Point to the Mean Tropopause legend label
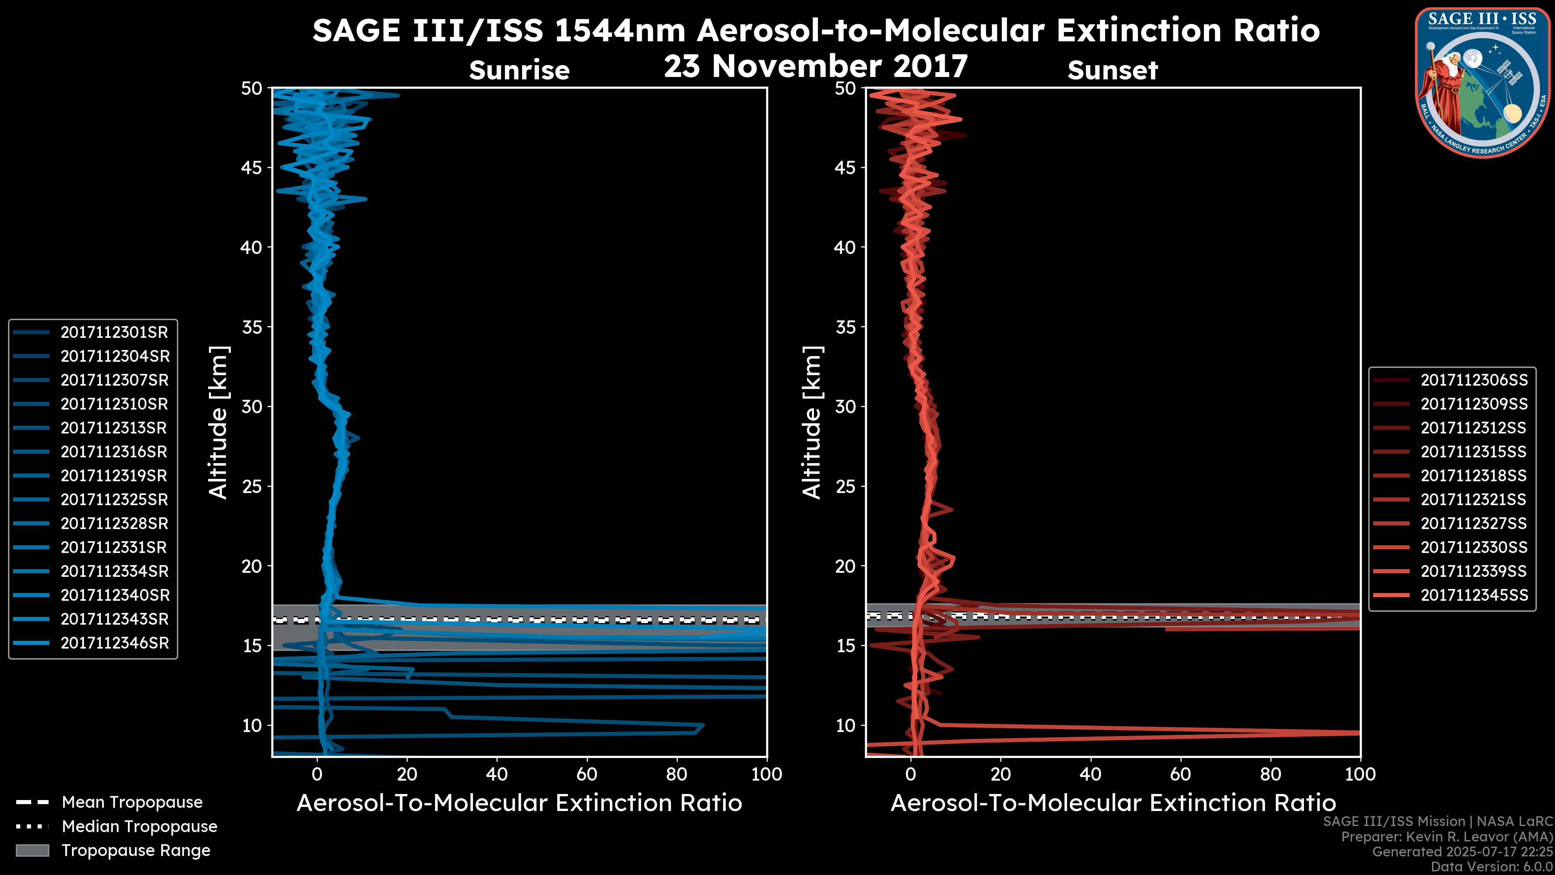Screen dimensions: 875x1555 tap(132, 802)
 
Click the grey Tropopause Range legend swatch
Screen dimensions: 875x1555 tap(32, 850)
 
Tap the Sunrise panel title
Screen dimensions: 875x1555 tap(519, 70)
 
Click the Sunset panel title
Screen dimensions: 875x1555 tap(1112, 70)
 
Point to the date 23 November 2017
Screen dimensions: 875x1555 tap(816, 66)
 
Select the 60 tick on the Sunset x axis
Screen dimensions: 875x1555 tap(1180, 774)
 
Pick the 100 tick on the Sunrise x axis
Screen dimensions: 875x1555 tap(766, 774)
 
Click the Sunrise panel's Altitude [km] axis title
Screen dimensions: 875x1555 tap(219, 423)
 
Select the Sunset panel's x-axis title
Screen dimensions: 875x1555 tap(1112, 803)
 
